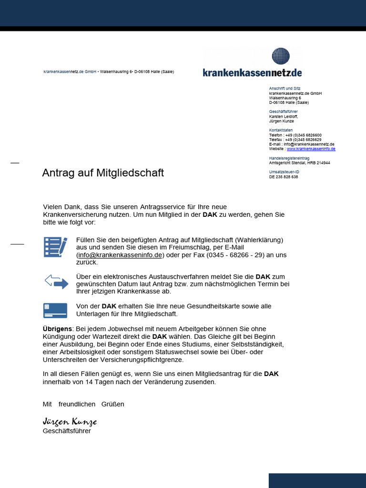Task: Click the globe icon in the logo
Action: click(281, 56)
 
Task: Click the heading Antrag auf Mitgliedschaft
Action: click(103, 173)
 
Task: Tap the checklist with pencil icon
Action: click(55, 247)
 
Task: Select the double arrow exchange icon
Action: click(56, 282)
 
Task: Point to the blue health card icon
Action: click(55, 310)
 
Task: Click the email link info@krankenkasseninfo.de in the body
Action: click(120, 255)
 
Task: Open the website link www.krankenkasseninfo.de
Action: click(311, 149)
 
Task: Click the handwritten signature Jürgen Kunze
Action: click(70, 422)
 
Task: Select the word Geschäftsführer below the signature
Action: click(67, 431)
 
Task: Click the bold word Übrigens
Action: click(58, 329)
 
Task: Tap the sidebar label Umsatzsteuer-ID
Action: click(284, 172)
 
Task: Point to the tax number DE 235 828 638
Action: click(284, 177)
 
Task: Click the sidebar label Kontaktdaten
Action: click(281, 130)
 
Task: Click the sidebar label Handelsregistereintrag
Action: click(289, 158)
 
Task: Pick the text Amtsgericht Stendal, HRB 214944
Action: click(299, 163)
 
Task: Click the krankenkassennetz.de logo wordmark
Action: click(252, 72)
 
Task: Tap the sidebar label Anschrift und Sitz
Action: click(285, 89)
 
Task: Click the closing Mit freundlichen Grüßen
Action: click(83, 404)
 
